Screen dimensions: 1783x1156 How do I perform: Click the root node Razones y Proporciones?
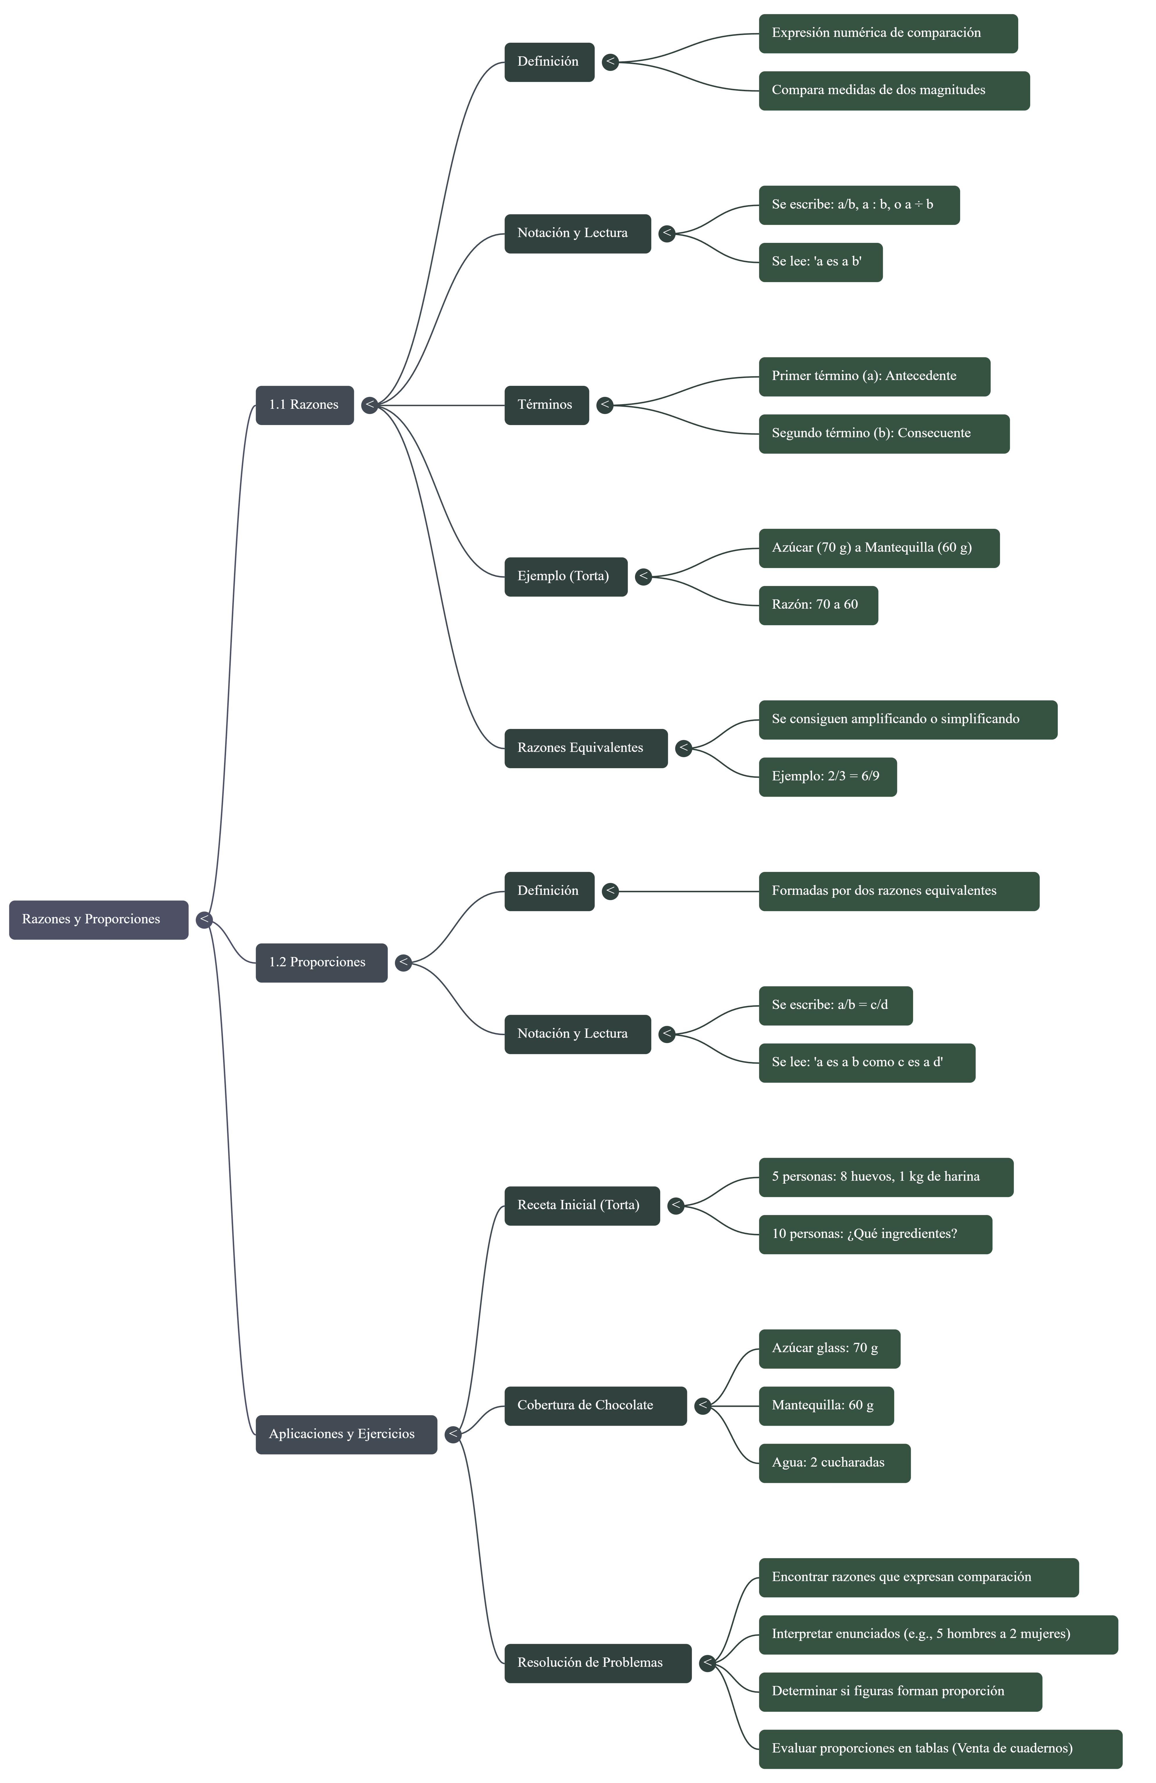point(98,919)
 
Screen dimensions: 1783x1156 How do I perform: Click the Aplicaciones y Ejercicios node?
point(346,1434)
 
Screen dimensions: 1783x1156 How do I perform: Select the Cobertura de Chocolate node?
point(595,1405)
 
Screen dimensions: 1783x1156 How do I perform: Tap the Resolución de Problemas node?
point(597,1662)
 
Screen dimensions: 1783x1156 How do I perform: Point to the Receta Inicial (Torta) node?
point(581,1205)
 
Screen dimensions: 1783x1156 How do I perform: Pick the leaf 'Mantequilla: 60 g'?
point(826,1405)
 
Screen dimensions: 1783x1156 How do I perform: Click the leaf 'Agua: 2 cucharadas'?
point(834,1463)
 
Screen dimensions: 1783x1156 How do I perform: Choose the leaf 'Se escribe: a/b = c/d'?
point(835,1005)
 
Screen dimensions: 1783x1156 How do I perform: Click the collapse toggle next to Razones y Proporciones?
point(204,919)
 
